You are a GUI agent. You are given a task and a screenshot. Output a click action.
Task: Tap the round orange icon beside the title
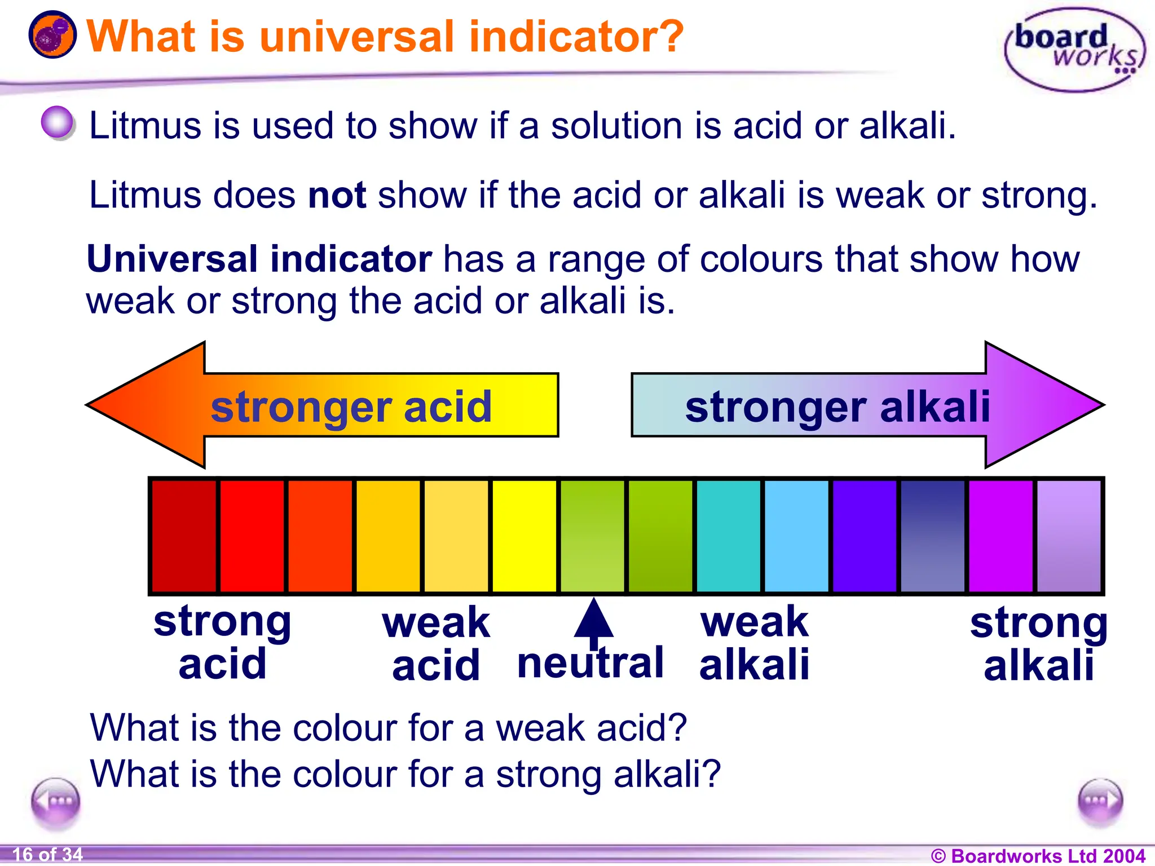(x=52, y=35)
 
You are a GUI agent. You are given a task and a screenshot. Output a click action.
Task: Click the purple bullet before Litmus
(x=58, y=122)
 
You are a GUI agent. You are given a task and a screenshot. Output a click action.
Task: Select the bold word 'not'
(x=337, y=195)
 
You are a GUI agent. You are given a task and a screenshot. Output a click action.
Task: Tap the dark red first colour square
(x=184, y=536)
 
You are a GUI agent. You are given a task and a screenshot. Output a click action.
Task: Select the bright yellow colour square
(x=524, y=536)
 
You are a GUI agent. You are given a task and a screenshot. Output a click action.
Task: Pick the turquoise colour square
(x=728, y=536)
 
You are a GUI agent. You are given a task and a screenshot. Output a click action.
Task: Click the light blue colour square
(x=796, y=536)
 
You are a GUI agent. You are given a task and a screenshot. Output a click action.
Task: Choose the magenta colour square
(x=1000, y=536)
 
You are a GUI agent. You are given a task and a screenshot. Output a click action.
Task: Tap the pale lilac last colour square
(x=1069, y=536)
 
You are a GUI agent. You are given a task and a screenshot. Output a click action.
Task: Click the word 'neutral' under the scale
(x=590, y=664)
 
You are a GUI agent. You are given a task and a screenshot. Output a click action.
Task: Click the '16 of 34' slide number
(x=47, y=855)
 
